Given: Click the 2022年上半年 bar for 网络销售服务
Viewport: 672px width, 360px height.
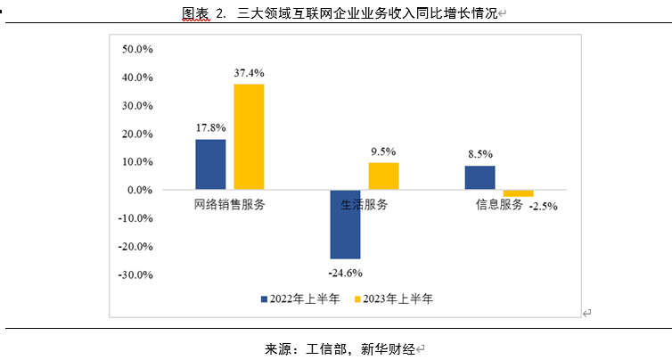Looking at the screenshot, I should point(210,165).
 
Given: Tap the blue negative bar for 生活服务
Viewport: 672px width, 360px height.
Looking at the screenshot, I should point(345,224).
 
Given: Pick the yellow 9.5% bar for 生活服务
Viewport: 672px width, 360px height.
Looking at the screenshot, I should point(383,176).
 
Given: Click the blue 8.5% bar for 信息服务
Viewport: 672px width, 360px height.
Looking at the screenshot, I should point(479,178).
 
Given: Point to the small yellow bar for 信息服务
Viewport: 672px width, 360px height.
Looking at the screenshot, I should point(518,193).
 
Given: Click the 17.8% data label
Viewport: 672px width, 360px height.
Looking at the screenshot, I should point(210,127).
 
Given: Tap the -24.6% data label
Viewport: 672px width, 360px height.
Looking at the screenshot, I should point(345,272).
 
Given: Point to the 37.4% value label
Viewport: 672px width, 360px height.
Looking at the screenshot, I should point(250,72).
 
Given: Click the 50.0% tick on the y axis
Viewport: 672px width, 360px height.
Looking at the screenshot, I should point(138,49).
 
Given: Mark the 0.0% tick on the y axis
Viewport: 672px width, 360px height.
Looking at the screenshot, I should point(141,191).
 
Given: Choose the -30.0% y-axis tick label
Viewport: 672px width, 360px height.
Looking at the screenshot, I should point(136,275).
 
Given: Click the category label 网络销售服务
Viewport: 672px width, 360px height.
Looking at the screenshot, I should point(229,205).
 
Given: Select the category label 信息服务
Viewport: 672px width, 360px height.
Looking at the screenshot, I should point(498,205).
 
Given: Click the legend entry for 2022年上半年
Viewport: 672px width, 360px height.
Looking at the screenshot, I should point(299,299).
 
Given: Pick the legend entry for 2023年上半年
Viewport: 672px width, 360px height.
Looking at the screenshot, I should point(395,299).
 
